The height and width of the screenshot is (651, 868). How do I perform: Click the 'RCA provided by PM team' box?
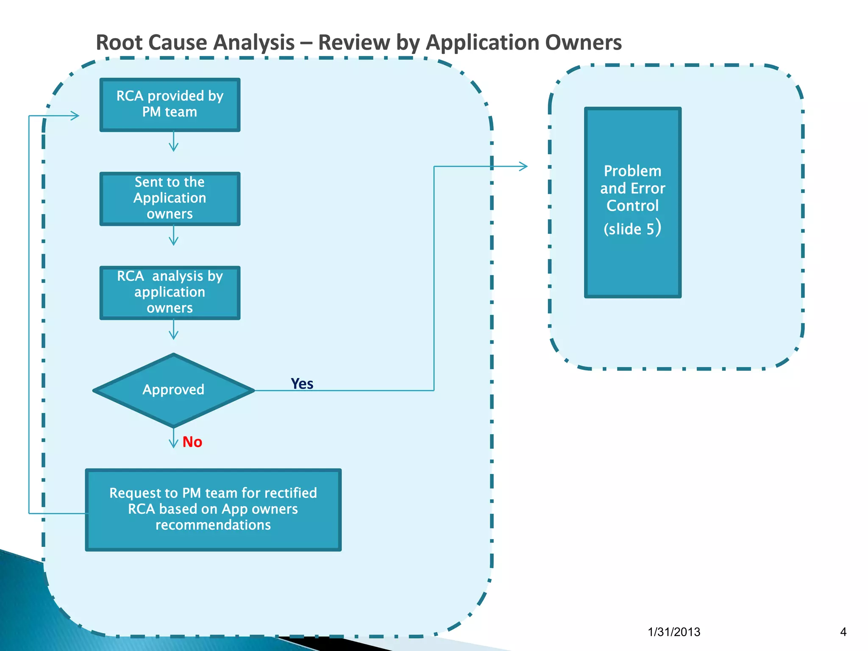pos(170,104)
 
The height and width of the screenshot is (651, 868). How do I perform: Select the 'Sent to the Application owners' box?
pos(170,198)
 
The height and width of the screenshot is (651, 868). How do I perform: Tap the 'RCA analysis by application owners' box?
pos(170,292)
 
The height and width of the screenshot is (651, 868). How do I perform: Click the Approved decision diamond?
pos(173,390)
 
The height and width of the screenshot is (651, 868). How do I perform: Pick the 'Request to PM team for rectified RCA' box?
pos(213,509)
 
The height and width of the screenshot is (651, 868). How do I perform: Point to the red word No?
pos(192,442)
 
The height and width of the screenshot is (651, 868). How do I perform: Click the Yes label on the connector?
pos(302,384)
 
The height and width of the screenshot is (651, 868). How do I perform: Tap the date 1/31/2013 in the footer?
pos(674,632)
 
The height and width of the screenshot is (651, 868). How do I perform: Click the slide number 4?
pos(843,632)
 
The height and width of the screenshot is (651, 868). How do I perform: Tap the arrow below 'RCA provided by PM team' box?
pos(173,142)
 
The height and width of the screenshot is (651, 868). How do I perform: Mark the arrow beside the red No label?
pos(173,439)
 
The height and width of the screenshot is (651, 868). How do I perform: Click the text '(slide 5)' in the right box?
pos(632,228)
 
